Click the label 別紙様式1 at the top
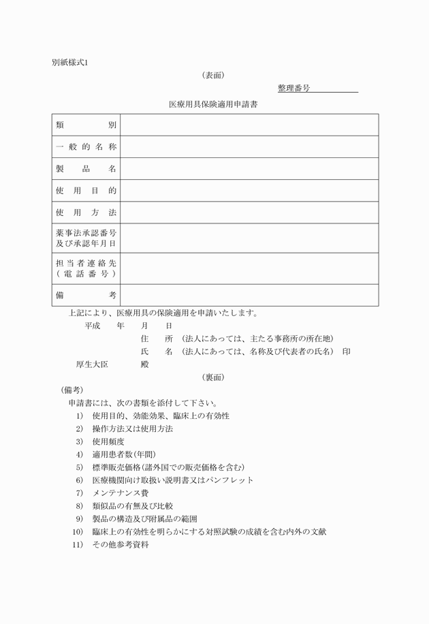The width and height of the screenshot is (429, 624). pos(70,63)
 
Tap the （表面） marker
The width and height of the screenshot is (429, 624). pos(214,76)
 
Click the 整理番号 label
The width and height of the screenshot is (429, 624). pos(294,89)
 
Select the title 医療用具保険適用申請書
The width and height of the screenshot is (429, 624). pos(212,105)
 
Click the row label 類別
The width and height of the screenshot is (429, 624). pos(86,125)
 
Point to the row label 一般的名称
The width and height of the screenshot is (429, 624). pos(86,147)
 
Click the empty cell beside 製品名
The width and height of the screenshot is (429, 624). pos(249,169)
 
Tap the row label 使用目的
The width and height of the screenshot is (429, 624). pos(86,191)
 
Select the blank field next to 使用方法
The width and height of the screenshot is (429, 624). pos(249,213)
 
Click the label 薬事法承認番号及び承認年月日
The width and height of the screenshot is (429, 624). pos(86,238)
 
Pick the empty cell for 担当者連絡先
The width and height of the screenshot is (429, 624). pos(249,268)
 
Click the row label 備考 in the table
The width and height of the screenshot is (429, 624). pos(86,295)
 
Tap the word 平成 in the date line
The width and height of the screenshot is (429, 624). pos(93,326)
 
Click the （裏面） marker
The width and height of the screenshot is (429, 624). pos(214,377)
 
